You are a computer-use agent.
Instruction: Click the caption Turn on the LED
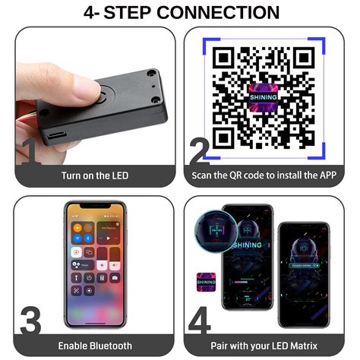click(95, 175)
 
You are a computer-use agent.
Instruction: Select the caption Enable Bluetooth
click(95, 346)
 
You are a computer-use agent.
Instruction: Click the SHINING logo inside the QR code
click(263, 97)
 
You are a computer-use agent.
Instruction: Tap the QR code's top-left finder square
click(225, 59)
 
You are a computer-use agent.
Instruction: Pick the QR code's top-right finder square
click(302, 59)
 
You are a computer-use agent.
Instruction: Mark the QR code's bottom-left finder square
click(225, 137)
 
